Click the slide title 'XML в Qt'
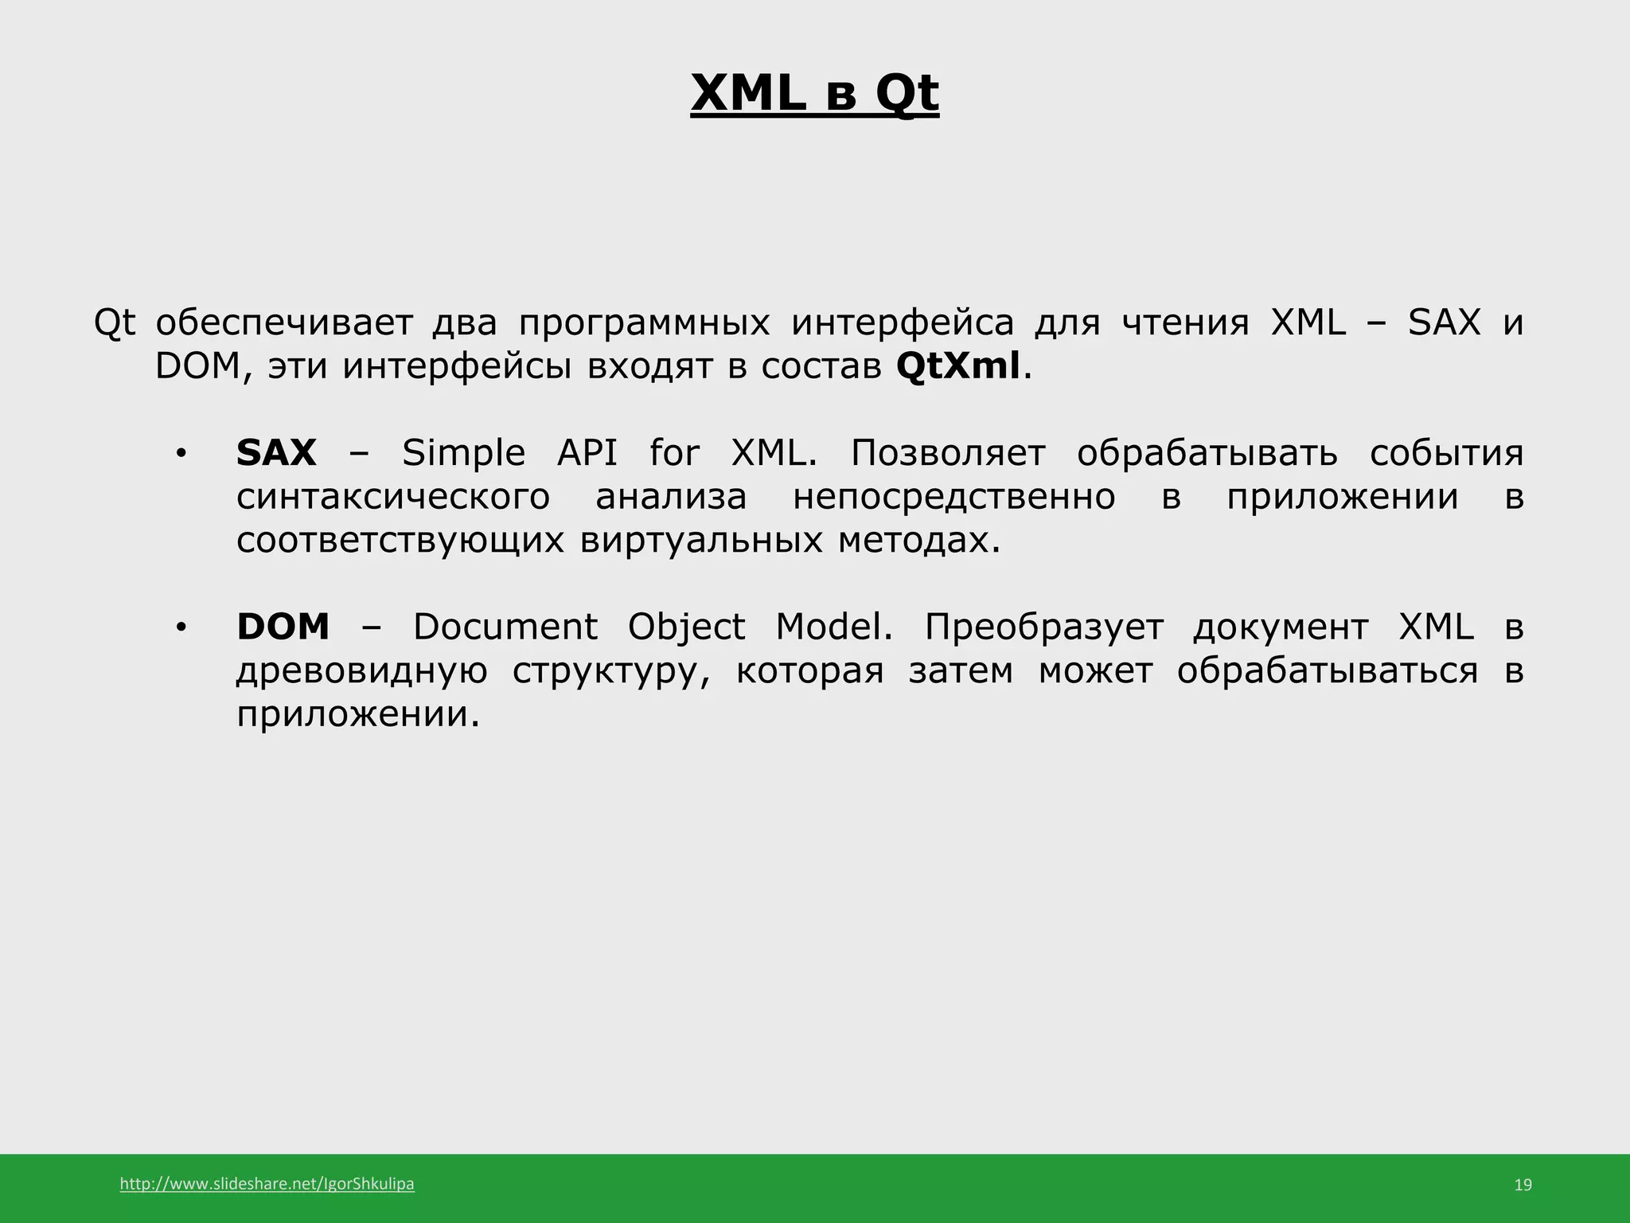click(814, 93)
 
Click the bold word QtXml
click(957, 366)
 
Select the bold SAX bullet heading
click(276, 453)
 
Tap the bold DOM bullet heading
click(283, 627)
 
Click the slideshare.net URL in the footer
click(267, 1184)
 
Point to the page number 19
click(1523, 1185)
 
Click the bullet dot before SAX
click(181, 455)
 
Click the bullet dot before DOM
click(181, 628)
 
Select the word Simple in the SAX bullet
click(463, 454)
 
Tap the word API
click(587, 453)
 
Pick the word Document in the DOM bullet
click(505, 627)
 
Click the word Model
click(833, 627)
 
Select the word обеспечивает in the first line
click(284, 323)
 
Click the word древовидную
click(361, 671)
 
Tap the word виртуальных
click(700, 541)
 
